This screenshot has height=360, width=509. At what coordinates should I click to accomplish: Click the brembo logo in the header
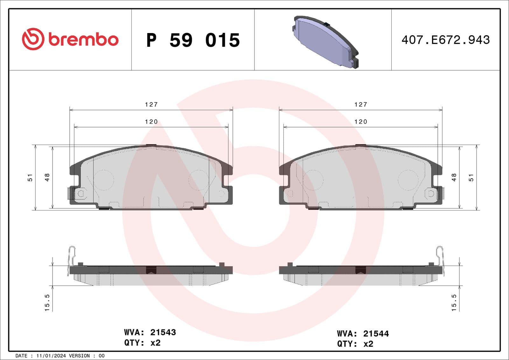(70, 39)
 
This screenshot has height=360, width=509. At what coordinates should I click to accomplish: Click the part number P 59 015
(193, 40)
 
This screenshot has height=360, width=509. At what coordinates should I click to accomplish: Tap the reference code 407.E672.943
(445, 40)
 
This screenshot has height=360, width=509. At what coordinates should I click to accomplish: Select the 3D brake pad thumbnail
(325, 42)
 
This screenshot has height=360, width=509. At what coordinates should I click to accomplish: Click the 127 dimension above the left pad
(151, 104)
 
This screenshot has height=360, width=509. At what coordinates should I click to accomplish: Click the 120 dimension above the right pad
(360, 121)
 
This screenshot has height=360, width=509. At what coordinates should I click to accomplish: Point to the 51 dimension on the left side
(30, 177)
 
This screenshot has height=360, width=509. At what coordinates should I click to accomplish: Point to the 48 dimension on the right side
(454, 177)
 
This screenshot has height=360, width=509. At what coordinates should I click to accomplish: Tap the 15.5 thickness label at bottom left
(47, 302)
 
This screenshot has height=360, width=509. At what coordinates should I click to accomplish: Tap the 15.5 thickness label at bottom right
(454, 302)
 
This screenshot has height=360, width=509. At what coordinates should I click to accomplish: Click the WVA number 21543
(163, 332)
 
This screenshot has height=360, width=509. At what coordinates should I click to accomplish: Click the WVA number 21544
(376, 334)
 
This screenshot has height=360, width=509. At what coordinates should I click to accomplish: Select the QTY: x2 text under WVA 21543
(142, 343)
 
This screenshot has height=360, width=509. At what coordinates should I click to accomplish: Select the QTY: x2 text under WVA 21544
(355, 344)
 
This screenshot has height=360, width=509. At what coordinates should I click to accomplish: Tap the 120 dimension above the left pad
(151, 121)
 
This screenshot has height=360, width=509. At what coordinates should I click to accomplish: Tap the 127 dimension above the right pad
(360, 104)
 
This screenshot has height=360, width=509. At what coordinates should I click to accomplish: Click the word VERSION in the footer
(79, 356)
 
